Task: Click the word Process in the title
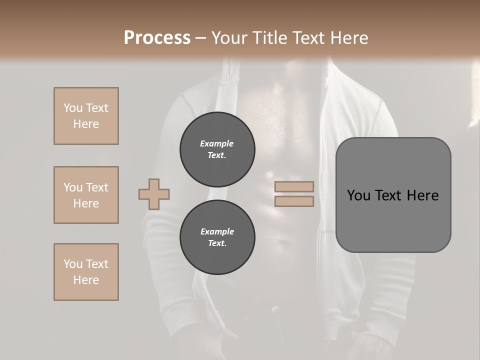click(157, 38)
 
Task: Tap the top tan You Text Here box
click(86, 116)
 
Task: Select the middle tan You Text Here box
click(86, 195)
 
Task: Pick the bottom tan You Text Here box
click(86, 272)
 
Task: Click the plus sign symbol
click(154, 194)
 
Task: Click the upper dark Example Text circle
click(217, 149)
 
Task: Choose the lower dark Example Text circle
click(217, 237)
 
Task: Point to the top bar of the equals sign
click(294, 186)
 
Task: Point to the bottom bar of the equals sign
click(294, 201)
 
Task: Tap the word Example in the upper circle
click(217, 143)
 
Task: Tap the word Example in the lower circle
click(217, 231)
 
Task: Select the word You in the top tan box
click(72, 108)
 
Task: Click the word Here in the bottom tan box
click(86, 280)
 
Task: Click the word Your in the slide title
click(229, 38)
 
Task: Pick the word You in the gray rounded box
click(358, 195)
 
